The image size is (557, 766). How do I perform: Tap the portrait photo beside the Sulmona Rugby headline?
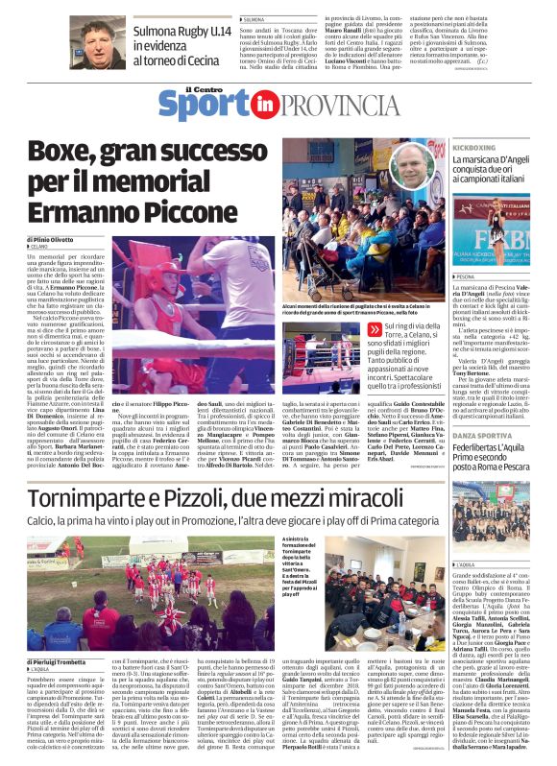(x=101, y=41)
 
